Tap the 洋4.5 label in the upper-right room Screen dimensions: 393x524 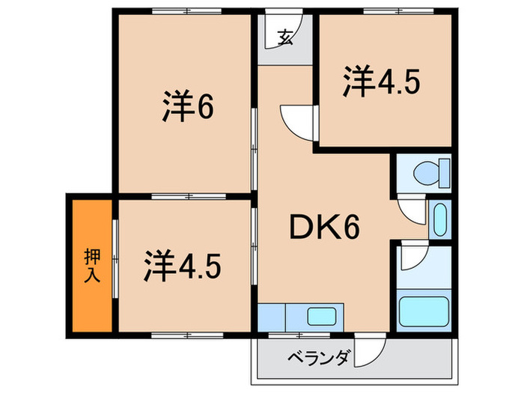[x=381, y=82]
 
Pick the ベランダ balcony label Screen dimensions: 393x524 [x=318, y=358]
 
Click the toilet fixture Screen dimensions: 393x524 [x=429, y=174]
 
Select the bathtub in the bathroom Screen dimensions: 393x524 [x=424, y=309]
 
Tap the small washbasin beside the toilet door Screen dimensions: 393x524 [x=439, y=220]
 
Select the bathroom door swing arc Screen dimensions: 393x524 [x=413, y=259]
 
